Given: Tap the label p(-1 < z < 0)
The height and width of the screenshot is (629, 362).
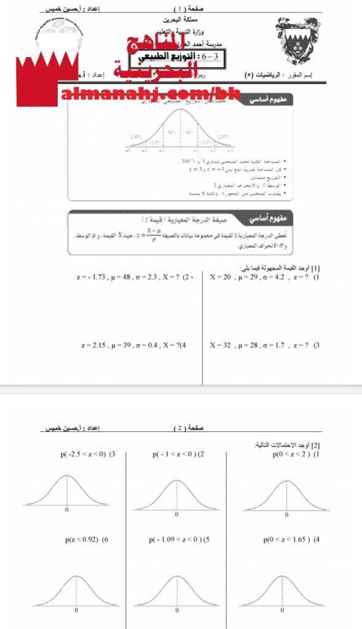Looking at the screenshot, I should [x=178, y=455].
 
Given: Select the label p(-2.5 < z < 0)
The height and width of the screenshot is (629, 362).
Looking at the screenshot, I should [x=88, y=455].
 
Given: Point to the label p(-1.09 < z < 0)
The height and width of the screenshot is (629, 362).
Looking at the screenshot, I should [x=179, y=540].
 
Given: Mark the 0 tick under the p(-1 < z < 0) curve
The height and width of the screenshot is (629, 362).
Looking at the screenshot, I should [x=176, y=514].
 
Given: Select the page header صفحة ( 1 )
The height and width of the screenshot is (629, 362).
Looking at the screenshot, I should [x=188, y=9].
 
